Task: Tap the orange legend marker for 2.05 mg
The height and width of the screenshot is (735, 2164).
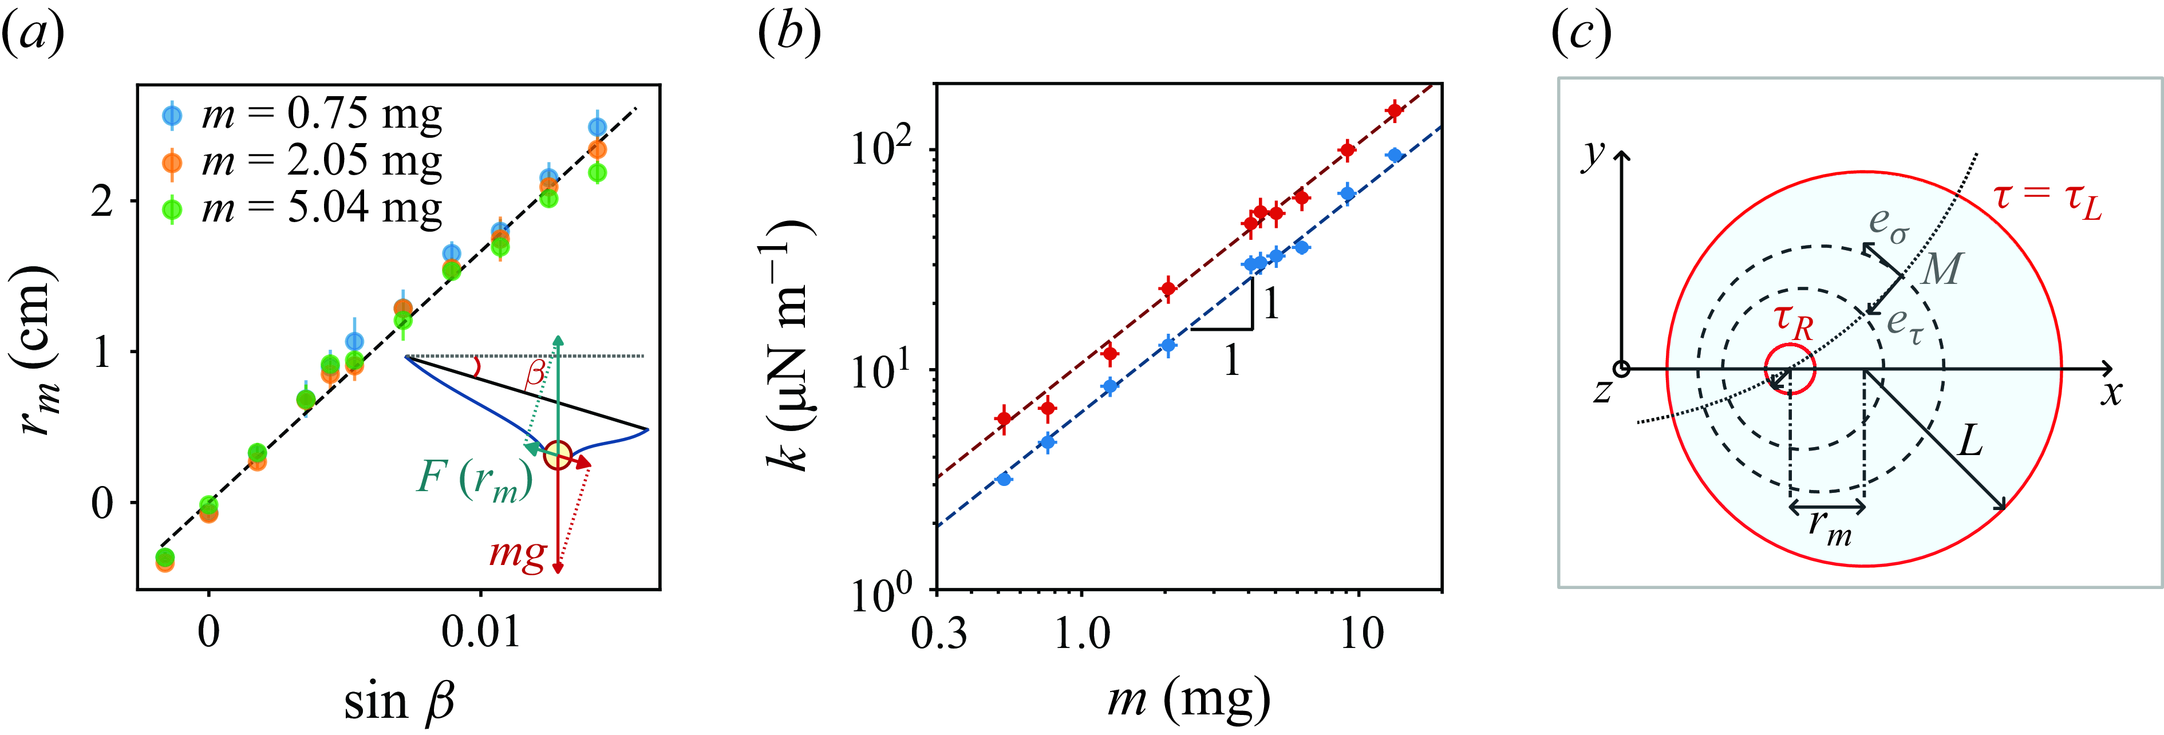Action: pyautogui.click(x=171, y=162)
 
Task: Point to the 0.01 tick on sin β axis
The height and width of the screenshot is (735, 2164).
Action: pyautogui.click(x=480, y=631)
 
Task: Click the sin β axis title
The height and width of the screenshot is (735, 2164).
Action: pyautogui.click(x=400, y=701)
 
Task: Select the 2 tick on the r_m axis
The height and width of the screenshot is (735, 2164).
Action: pyautogui.click(x=102, y=201)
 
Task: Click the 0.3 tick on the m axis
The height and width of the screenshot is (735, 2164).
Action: pyautogui.click(x=939, y=632)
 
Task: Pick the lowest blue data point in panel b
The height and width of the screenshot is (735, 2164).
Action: pyautogui.click(x=1003, y=479)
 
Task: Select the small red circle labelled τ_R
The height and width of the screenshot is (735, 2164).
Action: pyautogui.click(x=1790, y=369)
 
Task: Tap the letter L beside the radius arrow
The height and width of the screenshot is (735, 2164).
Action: pyautogui.click(x=1970, y=439)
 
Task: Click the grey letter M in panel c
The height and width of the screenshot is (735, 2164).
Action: pyautogui.click(x=1941, y=269)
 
